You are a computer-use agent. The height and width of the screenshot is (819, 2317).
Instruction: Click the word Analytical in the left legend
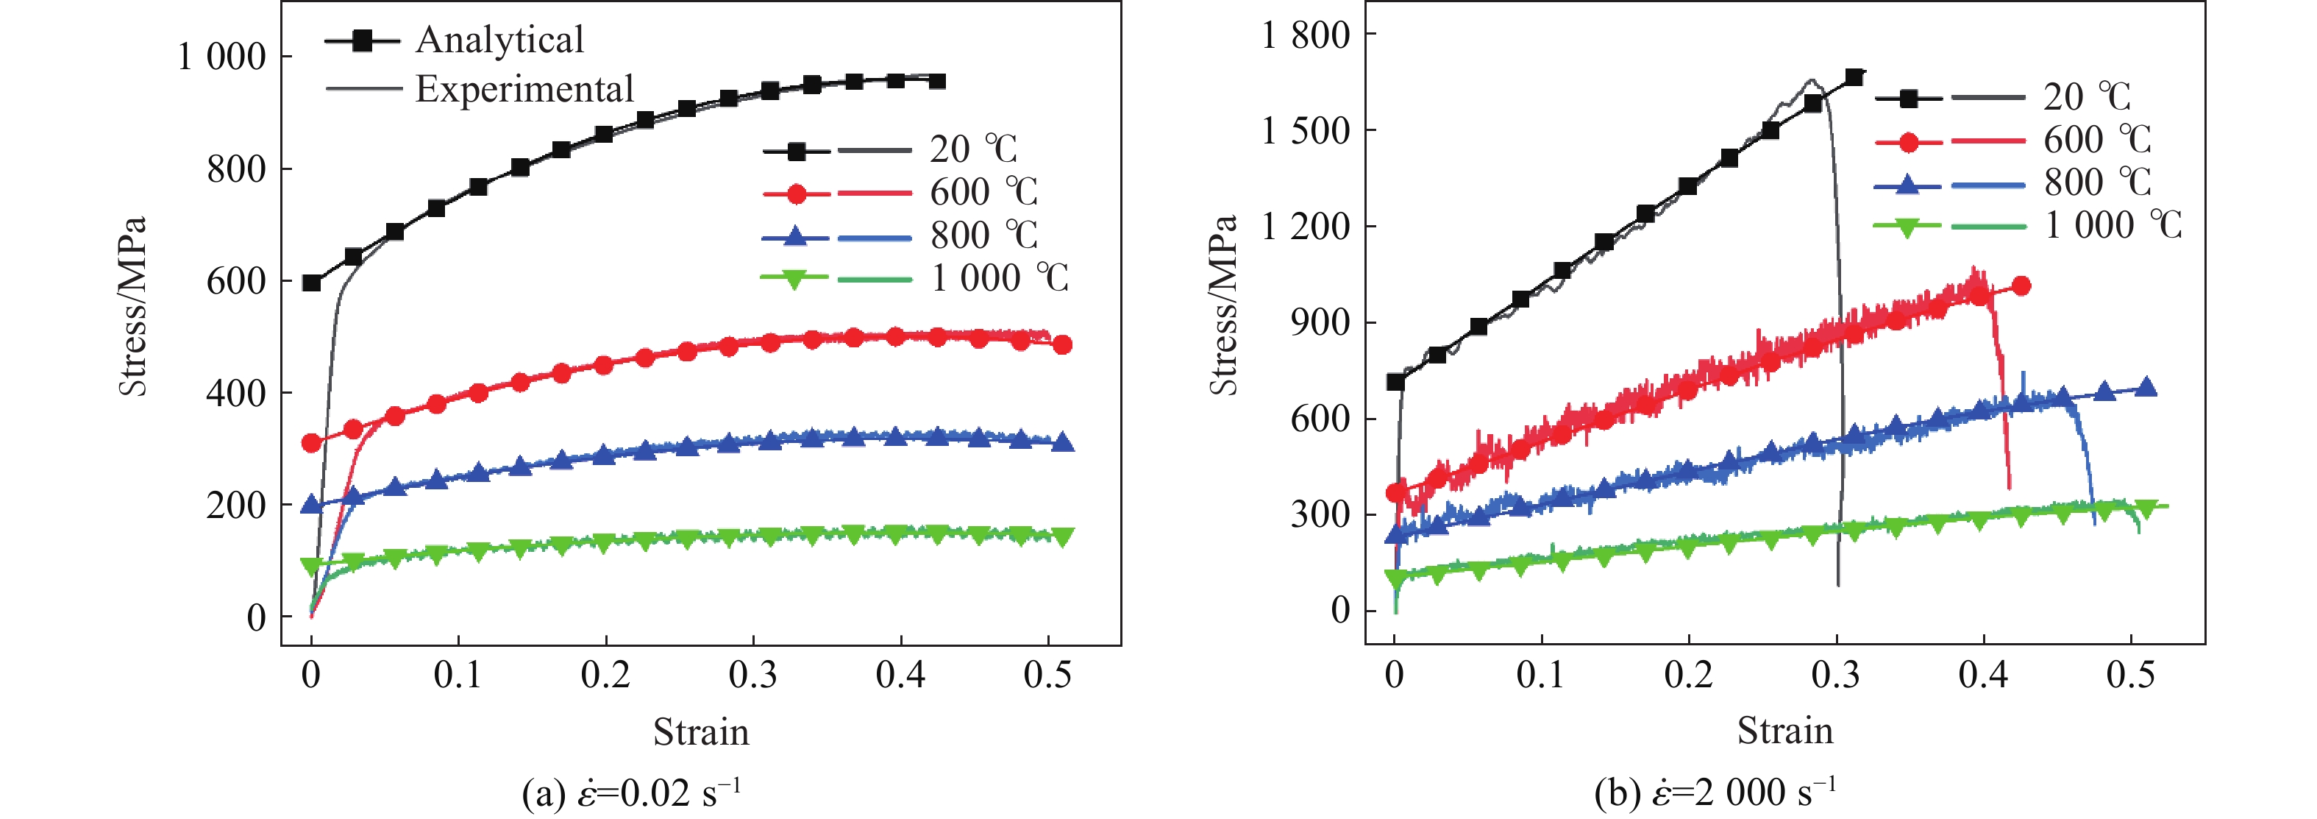[x=499, y=40]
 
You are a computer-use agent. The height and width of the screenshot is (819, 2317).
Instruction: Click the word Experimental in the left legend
[x=524, y=89]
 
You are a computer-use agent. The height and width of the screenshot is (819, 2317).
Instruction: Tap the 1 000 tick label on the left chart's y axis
[x=221, y=57]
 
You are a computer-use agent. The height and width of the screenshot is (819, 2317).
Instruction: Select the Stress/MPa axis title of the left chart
[x=132, y=306]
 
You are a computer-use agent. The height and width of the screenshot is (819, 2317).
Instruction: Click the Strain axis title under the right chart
[x=1784, y=731]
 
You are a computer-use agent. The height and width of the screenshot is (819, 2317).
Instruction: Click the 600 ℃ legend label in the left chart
[x=984, y=192]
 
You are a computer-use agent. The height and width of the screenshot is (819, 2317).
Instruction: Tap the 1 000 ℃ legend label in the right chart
[x=2113, y=225]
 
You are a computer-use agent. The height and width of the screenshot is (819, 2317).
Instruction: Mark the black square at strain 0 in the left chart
[x=312, y=283]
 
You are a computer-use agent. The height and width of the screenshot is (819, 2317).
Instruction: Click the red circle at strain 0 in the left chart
[x=312, y=443]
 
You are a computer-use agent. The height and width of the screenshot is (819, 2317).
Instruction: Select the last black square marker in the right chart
[x=1854, y=77]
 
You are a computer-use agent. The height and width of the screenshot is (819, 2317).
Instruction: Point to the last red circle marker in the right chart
[x=2021, y=286]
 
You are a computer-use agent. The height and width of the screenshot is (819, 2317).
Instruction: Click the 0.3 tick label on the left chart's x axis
[x=753, y=675]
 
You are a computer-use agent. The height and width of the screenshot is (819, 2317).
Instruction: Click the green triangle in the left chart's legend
[x=794, y=280]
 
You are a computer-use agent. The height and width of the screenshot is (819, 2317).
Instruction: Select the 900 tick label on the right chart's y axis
[x=1320, y=322]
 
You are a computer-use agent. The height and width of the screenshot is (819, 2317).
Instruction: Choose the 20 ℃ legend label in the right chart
[x=2087, y=97]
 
